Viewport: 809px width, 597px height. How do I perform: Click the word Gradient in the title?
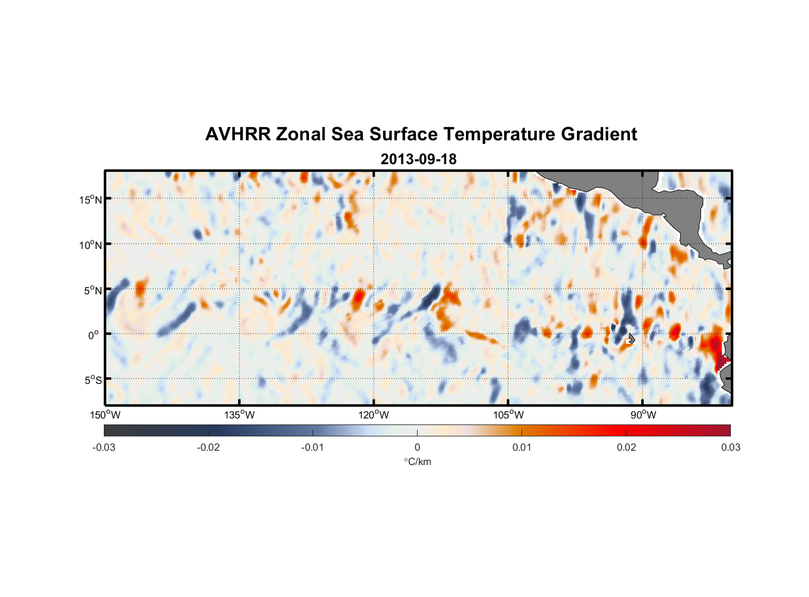tap(599, 134)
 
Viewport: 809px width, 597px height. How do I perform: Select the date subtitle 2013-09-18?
tap(418, 159)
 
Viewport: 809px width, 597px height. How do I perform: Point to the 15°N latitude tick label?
tap(90, 199)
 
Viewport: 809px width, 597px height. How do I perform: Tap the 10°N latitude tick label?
tap(90, 245)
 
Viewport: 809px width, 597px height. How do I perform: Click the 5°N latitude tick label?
tap(92, 290)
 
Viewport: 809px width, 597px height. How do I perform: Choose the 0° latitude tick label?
tap(94, 335)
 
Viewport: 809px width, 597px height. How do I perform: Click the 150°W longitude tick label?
tap(105, 415)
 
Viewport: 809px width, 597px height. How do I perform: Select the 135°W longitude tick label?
tap(240, 415)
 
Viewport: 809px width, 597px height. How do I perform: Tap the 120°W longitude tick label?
tap(374, 415)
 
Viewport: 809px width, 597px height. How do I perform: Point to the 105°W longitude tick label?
tap(508, 415)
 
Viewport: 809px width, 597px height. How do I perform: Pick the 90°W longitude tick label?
tap(643, 415)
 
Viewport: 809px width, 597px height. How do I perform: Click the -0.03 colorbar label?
tap(104, 447)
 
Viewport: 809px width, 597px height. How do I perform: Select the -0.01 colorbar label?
tap(313, 447)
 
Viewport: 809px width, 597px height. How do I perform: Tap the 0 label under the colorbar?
tap(417, 447)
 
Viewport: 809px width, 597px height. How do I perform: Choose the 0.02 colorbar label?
tap(626, 447)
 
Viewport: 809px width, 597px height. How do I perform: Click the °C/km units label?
tap(417, 461)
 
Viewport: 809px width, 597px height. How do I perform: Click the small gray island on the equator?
tap(631, 338)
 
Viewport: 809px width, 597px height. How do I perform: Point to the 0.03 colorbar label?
tap(730, 447)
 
